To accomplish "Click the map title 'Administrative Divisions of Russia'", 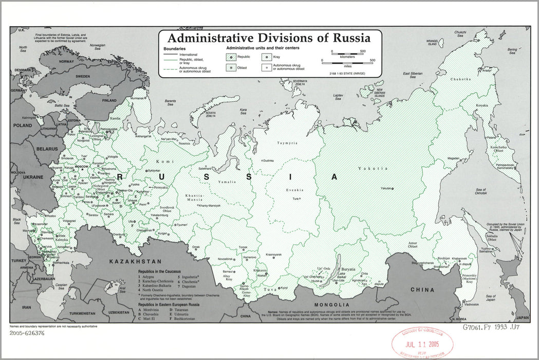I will pos(269,38).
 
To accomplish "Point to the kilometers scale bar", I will pos(347,52).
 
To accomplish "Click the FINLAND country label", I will pos(109,101).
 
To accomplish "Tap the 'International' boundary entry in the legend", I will pos(188,54).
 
